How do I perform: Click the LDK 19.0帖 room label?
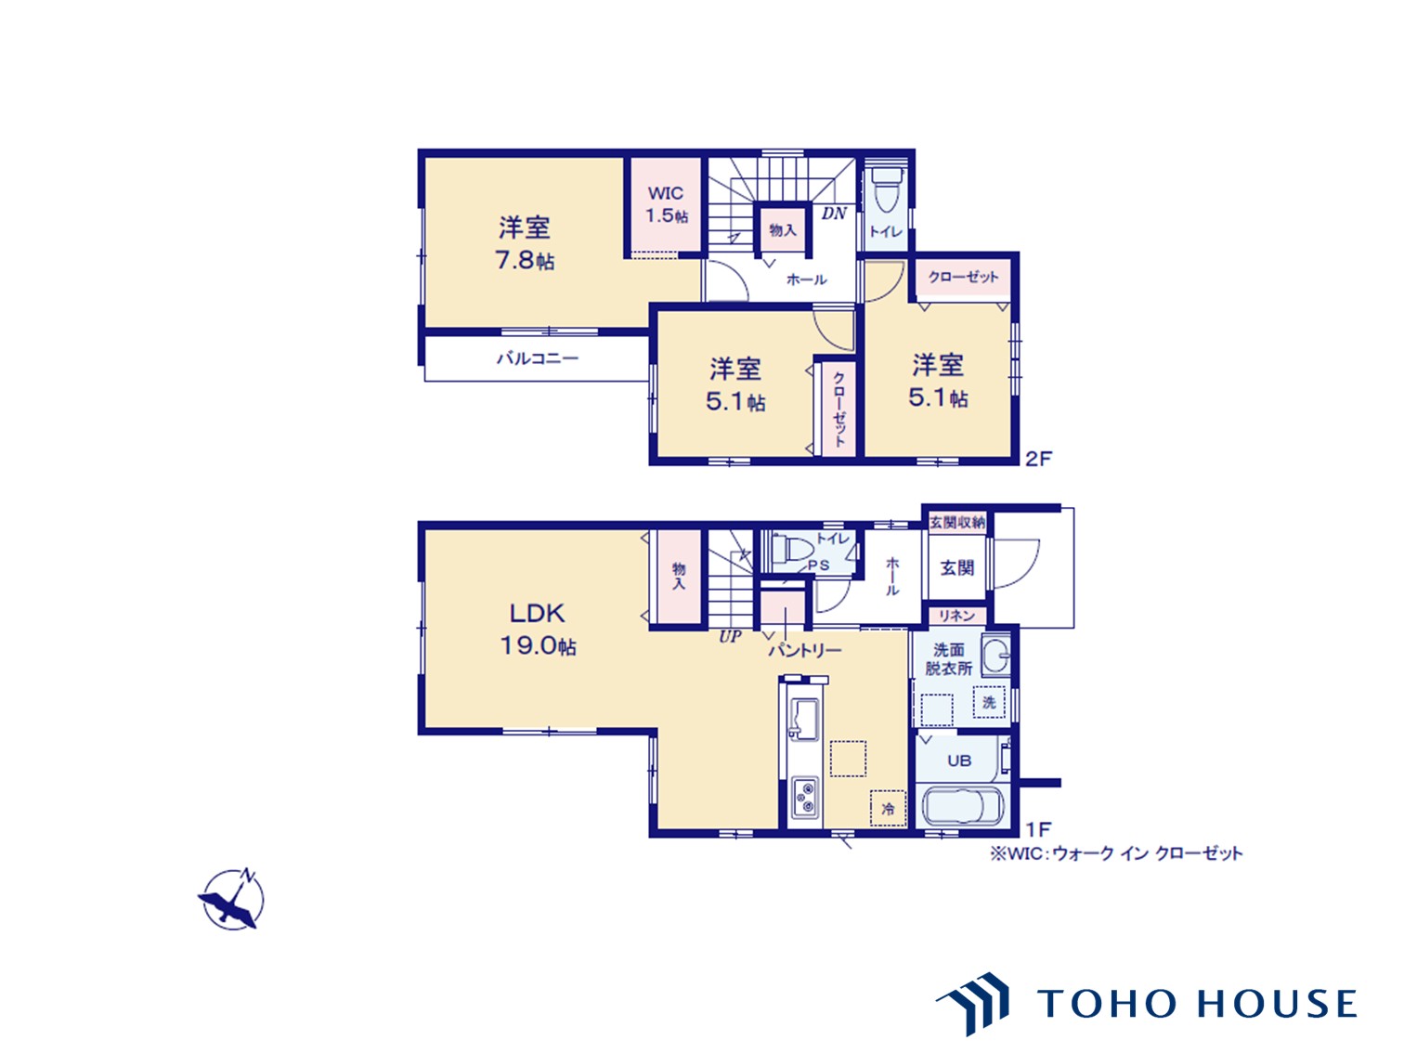(538, 630)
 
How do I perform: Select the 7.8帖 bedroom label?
(525, 243)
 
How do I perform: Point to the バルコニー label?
(538, 358)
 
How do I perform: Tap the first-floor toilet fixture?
(792, 548)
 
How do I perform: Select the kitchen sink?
(804, 719)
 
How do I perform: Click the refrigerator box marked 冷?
(888, 808)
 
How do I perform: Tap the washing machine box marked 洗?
(988, 702)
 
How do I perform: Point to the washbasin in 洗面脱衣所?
(996, 655)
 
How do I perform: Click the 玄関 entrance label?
(957, 567)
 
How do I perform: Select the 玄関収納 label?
(957, 523)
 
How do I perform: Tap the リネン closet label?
(957, 615)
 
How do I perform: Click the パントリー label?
(805, 651)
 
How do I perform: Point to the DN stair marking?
(834, 214)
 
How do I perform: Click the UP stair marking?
(730, 636)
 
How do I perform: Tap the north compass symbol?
(231, 898)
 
